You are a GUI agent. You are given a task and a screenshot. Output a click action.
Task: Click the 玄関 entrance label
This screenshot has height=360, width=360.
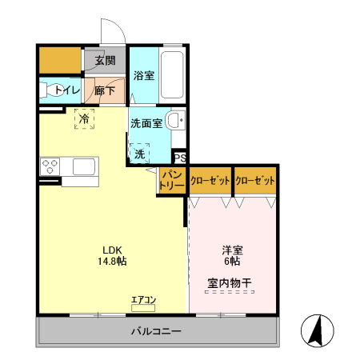(x=104, y=61)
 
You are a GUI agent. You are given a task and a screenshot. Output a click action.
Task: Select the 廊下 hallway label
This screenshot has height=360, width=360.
(x=104, y=91)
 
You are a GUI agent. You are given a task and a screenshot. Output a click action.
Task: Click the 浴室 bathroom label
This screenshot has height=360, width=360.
(x=144, y=76)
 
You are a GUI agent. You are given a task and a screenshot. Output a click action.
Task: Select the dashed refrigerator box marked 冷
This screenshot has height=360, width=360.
(x=84, y=118)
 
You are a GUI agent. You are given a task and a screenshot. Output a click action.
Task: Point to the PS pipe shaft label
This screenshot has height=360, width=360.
(x=181, y=158)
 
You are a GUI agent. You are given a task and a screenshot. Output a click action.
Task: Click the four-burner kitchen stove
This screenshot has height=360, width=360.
(x=50, y=167)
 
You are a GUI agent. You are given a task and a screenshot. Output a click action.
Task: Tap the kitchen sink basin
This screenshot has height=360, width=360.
(x=85, y=167)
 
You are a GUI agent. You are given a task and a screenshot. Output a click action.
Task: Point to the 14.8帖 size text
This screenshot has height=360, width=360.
(x=112, y=261)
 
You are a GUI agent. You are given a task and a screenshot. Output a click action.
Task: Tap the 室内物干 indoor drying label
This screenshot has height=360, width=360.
(x=230, y=282)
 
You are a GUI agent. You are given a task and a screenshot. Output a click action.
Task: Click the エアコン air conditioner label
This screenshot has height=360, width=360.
(x=144, y=301)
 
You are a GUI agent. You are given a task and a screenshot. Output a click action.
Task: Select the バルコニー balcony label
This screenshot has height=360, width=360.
(x=156, y=330)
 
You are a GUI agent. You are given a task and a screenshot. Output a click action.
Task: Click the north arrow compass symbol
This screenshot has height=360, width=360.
(x=318, y=330)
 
